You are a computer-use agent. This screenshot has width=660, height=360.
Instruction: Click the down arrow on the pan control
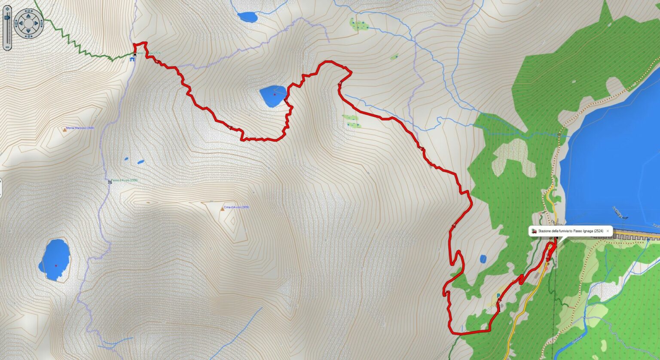pyautogui.click(x=28, y=30)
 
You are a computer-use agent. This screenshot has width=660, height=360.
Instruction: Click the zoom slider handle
pyautogui.click(x=6, y=18)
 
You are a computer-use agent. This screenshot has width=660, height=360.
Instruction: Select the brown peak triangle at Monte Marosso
pyautogui.click(x=65, y=128)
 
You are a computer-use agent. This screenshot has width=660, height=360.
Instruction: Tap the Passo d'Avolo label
pyautogui.click(x=124, y=180)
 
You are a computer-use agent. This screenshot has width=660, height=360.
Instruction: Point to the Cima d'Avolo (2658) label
pyautogui.click(x=237, y=207)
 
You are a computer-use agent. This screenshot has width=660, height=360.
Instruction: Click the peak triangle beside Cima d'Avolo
pyautogui.click(x=222, y=208)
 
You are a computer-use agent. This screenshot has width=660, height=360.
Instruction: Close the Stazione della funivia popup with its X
pyautogui.click(x=608, y=231)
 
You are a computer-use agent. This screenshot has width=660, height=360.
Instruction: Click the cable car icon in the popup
pyautogui.click(x=534, y=231)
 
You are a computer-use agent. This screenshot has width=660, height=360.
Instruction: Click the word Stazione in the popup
pyautogui.click(x=545, y=231)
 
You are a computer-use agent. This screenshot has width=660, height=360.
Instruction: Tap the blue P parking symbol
pyautogui.click(x=498, y=296)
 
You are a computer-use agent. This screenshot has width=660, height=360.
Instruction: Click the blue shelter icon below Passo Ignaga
pyautogui.click(x=132, y=59)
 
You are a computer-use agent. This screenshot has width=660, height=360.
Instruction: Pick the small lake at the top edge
pyautogui.click(x=247, y=17)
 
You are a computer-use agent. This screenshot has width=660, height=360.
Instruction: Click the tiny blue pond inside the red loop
pyautogui.click(x=483, y=259)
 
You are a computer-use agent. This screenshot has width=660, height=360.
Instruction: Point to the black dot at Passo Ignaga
pyautogui.click(x=135, y=54)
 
